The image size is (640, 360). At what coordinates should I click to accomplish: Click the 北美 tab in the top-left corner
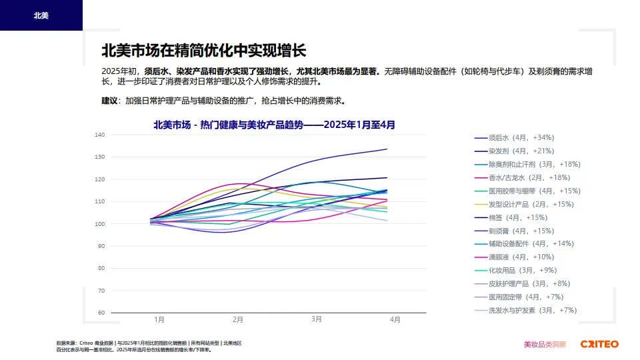click(x=41, y=15)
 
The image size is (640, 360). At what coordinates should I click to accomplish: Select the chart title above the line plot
click(x=274, y=124)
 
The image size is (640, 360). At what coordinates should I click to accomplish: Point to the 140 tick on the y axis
click(x=100, y=135)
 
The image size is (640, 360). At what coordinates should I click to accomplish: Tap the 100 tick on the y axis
click(x=100, y=224)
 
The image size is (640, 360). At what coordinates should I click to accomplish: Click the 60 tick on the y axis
click(x=101, y=313)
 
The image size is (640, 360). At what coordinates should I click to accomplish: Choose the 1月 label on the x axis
click(x=159, y=320)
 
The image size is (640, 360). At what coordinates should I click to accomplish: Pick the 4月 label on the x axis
click(x=395, y=320)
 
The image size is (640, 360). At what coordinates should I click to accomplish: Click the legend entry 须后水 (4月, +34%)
click(x=521, y=137)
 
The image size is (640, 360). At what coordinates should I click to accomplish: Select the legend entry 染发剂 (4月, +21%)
click(x=521, y=151)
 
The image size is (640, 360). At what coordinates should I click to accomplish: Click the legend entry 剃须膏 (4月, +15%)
click(x=521, y=231)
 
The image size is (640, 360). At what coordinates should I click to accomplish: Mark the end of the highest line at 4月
click(x=387, y=149)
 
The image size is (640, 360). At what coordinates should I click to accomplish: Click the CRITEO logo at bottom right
click(x=599, y=345)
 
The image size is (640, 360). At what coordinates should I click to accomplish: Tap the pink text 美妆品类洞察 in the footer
click(x=545, y=345)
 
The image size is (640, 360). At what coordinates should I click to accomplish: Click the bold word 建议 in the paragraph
click(x=109, y=101)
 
